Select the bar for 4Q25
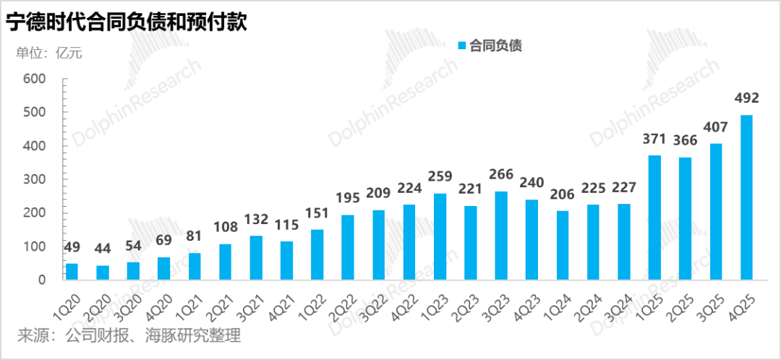click(x=746, y=197)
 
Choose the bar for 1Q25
click(x=654, y=218)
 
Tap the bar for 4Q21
click(x=286, y=260)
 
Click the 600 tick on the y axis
click(x=35, y=79)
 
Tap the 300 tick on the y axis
click(x=35, y=179)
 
